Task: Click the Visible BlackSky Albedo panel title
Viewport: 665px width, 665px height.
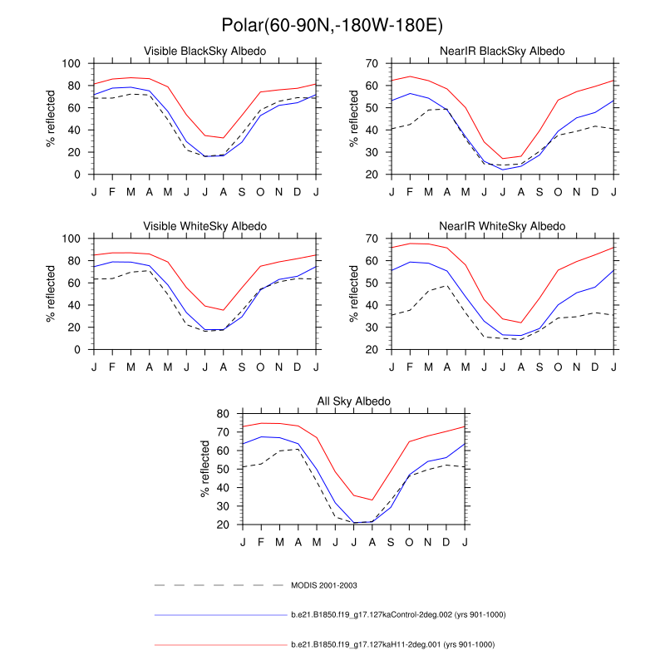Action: (205, 52)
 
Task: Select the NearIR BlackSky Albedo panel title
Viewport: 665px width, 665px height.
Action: (502, 52)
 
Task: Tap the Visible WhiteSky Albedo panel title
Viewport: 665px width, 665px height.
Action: (205, 226)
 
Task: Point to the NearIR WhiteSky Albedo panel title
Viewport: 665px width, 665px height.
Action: (502, 226)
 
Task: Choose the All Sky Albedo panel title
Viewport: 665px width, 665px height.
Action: (353, 401)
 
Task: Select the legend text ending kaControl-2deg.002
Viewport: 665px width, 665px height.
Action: (398, 614)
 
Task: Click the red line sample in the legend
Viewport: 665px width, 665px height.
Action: (220, 644)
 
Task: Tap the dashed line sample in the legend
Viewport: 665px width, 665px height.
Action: (220, 585)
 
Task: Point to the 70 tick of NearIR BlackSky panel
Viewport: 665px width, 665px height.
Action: (373, 64)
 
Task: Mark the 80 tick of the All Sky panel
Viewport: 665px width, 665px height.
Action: (223, 414)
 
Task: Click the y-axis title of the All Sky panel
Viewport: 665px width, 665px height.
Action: (204, 469)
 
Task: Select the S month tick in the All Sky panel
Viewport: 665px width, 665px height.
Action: (391, 542)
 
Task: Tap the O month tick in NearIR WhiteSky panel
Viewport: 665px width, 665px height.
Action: (558, 367)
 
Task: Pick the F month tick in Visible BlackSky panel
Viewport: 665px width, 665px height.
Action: (112, 192)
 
